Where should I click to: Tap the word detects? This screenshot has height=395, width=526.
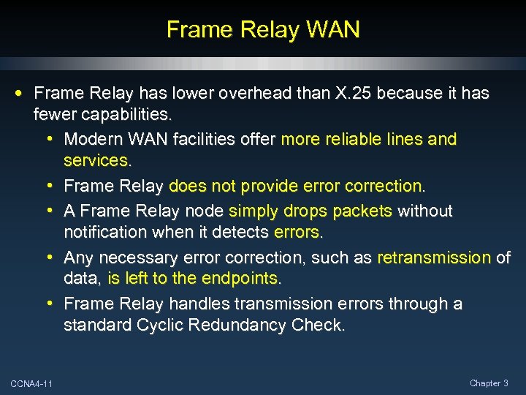(243, 232)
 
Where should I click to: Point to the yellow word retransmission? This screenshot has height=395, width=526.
(434, 257)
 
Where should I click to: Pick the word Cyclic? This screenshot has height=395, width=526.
(161, 324)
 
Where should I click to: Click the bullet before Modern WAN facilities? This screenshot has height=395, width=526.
(54, 139)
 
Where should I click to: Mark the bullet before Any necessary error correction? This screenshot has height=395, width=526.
(54, 257)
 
